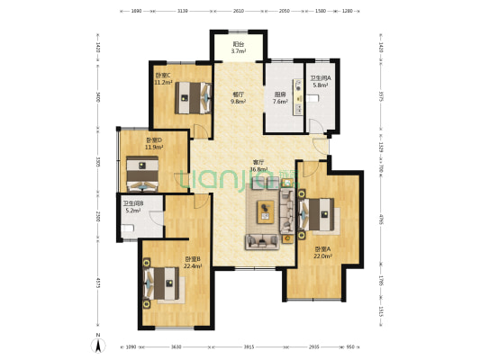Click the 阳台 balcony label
point(239,44)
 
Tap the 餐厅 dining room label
point(239,94)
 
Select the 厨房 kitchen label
point(280,94)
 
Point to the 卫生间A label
point(321,78)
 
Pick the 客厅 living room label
point(259,163)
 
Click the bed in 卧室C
point(191,95)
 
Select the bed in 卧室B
point(165,282)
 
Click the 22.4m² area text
point(192,265)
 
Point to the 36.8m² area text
point(259,169)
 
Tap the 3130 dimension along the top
point(182,12)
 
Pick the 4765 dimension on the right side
point(381,219)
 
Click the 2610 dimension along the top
point(238,12)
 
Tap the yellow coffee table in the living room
point(265,211)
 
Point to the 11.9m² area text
point(153,147)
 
